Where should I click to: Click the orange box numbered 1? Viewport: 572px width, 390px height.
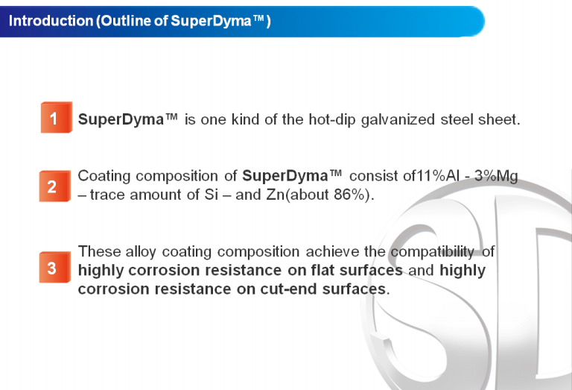pos(56,118)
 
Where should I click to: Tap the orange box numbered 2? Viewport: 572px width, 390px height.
pos(54,186)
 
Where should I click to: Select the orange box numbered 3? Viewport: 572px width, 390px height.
pos(54,267)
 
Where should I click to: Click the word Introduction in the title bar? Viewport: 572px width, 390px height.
pos(51,21)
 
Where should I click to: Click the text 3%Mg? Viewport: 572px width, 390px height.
pos(496,176)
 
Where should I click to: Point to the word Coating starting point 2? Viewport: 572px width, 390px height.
pos(104,177)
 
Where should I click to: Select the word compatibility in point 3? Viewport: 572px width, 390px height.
pos(433,252)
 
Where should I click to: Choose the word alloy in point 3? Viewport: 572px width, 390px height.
pos(141,252)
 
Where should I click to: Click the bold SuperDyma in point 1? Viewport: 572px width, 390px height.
pos(121,120)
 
